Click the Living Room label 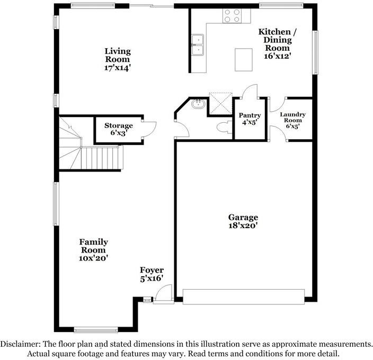point(117,59)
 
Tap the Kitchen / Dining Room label point(278,43)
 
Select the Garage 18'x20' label point(243,221)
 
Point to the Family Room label point(94,250)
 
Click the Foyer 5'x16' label point(152,274)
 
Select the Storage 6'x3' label point(118,129)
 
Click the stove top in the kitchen point(232,15)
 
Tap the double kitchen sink point(197,46)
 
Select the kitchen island point(244,59)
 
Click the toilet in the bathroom point(224,128)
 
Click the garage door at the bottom point(243,296)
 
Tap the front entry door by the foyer point(164,294)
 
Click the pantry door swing point(248,91)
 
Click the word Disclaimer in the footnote point(21,344)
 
